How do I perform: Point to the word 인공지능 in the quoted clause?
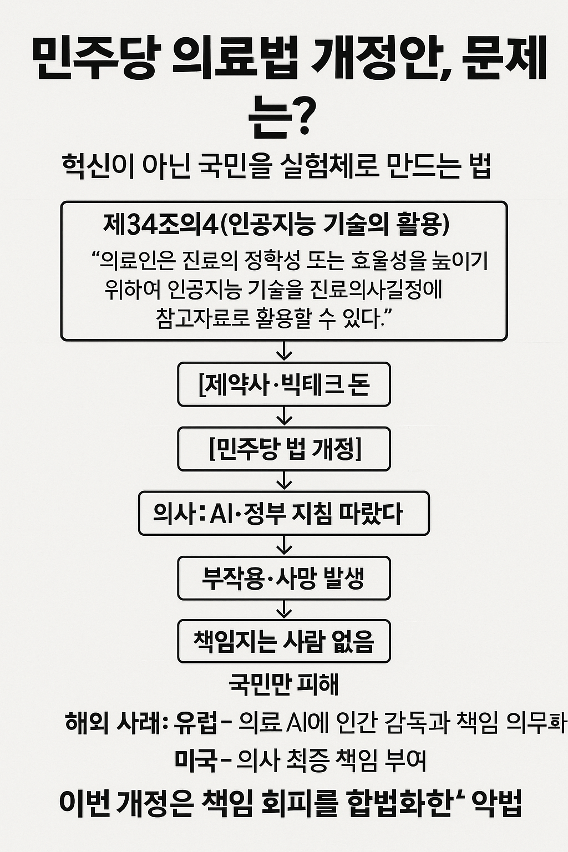pyautogui.click(x=204, y=288)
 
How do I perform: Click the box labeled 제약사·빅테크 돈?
pyautogui.click(x=283, y=384)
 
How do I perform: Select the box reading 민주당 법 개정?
pyautogui.click(x=283, y=449)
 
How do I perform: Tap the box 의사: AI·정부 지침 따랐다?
pyautogui.click(x=283, y=513)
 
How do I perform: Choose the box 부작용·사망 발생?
pyautogui.click(x=283, y=579)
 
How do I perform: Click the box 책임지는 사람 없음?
pyautogui.click(x=283, y=641)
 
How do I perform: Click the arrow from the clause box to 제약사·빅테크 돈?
pyautogui.click(x=284, y=351)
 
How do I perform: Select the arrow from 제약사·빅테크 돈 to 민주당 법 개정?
pyautogui.click(x=284, y=416)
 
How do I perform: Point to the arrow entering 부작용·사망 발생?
pyautogui.click(x=284, y=546)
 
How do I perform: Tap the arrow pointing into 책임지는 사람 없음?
pyautogui.click(x=284, y=610)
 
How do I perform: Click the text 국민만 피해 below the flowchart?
pyautogui.click(x=283, y=684)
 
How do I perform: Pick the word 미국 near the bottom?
pyautogui.click(x=195, y=760)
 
